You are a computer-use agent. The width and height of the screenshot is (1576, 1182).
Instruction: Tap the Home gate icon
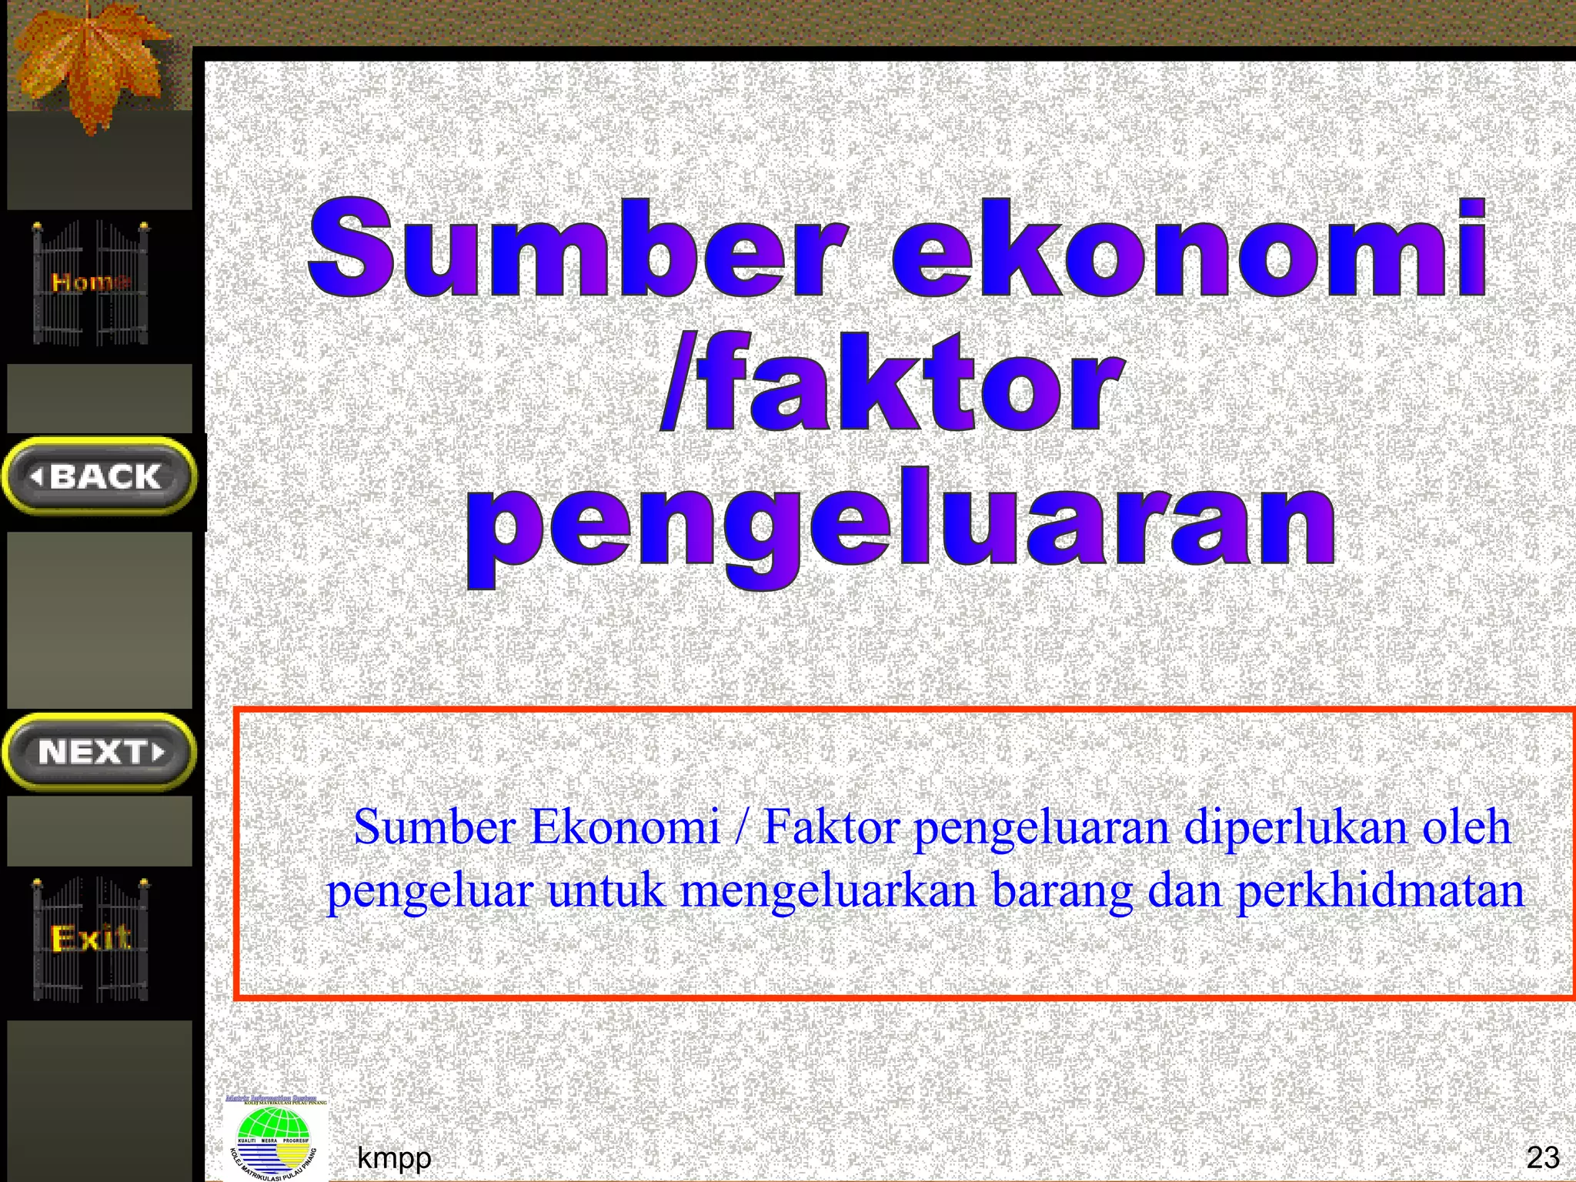(x=91, y=282)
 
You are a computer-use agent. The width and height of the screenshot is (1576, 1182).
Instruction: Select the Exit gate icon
(x=91, y=939)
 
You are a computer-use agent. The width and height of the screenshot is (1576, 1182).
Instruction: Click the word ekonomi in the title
(x=1189, y=248)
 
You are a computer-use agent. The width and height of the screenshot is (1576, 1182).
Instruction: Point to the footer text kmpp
(x=394, y=1157)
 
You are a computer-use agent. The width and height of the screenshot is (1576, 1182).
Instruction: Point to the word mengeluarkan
(x=828, y=891)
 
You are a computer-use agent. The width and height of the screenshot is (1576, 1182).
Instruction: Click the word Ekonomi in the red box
(x=625, y=828)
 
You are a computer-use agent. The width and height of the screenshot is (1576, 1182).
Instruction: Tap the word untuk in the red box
(x=606, y=891)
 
